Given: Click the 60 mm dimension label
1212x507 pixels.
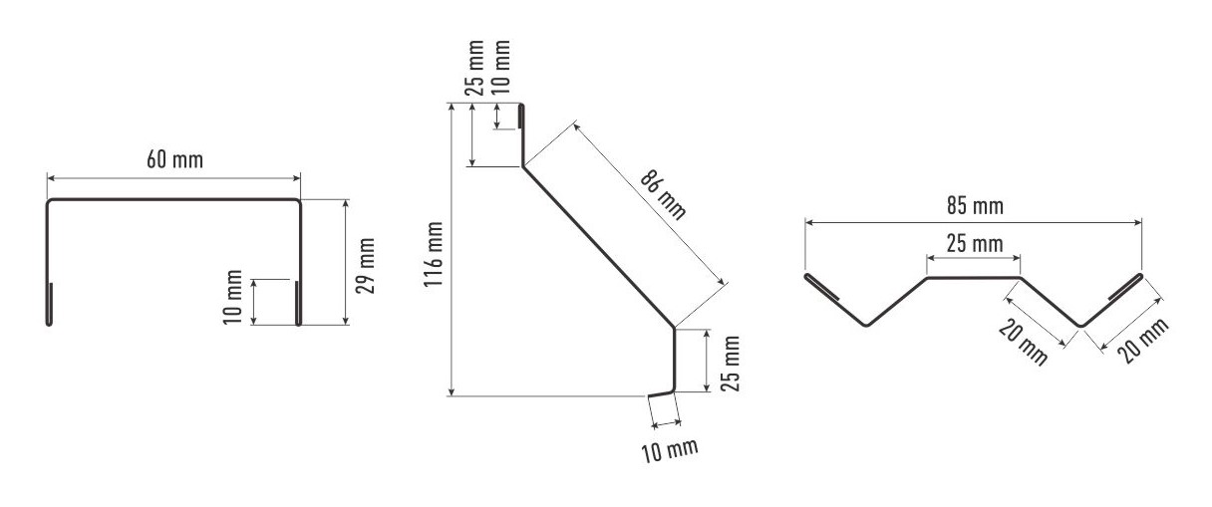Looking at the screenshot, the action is click(x=174, y=159).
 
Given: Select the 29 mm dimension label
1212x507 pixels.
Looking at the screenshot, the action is click(x=365, y=265).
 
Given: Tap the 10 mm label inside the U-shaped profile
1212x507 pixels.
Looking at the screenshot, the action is click(x=232, y=297).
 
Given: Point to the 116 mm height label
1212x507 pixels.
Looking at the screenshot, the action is click(x=433, y=253).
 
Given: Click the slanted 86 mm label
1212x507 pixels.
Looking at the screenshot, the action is click(x=664, y=194).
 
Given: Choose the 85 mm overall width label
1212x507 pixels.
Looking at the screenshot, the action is click(x=975, y=206).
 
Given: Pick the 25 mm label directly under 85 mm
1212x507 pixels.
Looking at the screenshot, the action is click(x=975, y=243).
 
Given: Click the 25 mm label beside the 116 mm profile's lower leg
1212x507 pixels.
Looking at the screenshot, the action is click(x=730, y=364).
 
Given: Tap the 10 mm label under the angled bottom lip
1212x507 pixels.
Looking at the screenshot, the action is click(x=670, y=449).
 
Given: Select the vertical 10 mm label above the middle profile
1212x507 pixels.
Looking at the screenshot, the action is click(x=502, y=67).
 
